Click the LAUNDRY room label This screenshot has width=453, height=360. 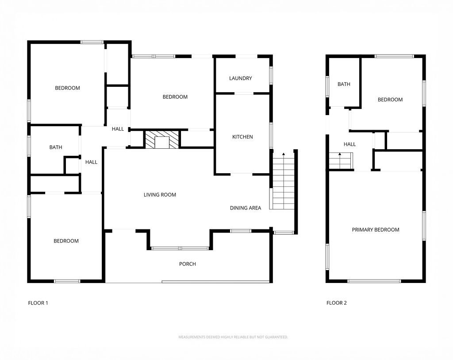(x=241, y=78)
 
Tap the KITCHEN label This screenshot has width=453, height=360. (x=242, y=137)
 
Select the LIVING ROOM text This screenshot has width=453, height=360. (x=160, y=194)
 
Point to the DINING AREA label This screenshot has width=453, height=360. (x=246, y=208)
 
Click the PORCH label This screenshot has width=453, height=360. (x=187, y=264)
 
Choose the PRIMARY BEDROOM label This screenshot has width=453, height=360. (x=376, y=229)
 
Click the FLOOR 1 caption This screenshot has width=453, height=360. (x=38, y=303)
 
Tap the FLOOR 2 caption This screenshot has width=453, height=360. (x=337, y=303)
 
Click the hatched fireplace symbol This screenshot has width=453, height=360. (x=162, y=139)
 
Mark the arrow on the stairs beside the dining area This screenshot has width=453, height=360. (x=284, y=155)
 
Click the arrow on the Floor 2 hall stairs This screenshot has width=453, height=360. (x=340, y=155)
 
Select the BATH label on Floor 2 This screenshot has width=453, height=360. (x=344, y=84)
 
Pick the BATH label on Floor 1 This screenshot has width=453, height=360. (x=56, y=147)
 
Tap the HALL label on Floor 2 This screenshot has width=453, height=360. (x=349, y=144)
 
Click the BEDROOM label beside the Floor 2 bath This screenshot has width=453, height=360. (x=390, y=100)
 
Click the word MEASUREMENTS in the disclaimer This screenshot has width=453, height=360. (x=191, y=337)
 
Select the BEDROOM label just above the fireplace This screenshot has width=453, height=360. (x=175, y=97)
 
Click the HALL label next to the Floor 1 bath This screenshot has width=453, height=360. (x=91, y=162)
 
